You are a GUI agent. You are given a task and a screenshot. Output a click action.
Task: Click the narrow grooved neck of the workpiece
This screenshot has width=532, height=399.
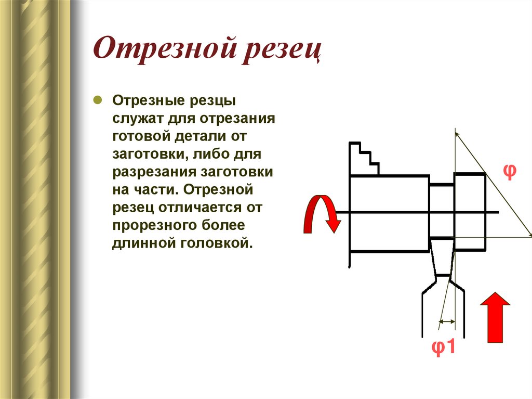(442, 211)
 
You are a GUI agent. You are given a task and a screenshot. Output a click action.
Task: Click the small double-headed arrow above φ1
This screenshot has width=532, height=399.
(446, 322)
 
